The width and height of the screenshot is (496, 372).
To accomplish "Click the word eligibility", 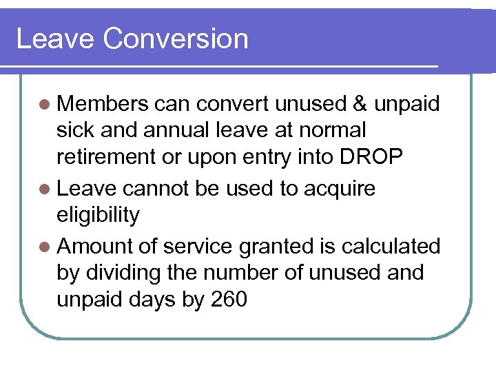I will [98, 216].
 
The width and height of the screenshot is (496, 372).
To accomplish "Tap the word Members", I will [103, 104].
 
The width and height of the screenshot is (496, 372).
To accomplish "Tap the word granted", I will [280, 246].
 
